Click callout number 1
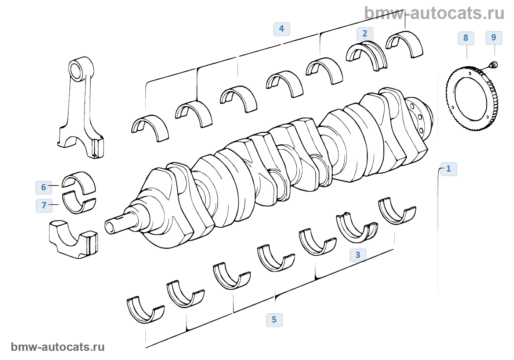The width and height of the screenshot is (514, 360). [448, 169]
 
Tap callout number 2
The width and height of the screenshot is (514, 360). [365, 34]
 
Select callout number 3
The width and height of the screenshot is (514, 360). [358, 255]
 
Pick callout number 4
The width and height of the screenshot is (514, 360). [282, 29]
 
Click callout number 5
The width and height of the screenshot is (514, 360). [274, 320]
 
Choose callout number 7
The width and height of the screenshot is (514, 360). [44, 205]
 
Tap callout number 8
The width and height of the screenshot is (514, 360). [466, 38]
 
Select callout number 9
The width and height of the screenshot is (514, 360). [494, 37]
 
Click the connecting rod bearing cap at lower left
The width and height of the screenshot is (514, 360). [73, 239]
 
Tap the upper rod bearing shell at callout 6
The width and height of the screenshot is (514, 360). [79, 182]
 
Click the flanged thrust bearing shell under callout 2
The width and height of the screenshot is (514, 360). [366, 55]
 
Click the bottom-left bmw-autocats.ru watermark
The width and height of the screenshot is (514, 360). [58, 347]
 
